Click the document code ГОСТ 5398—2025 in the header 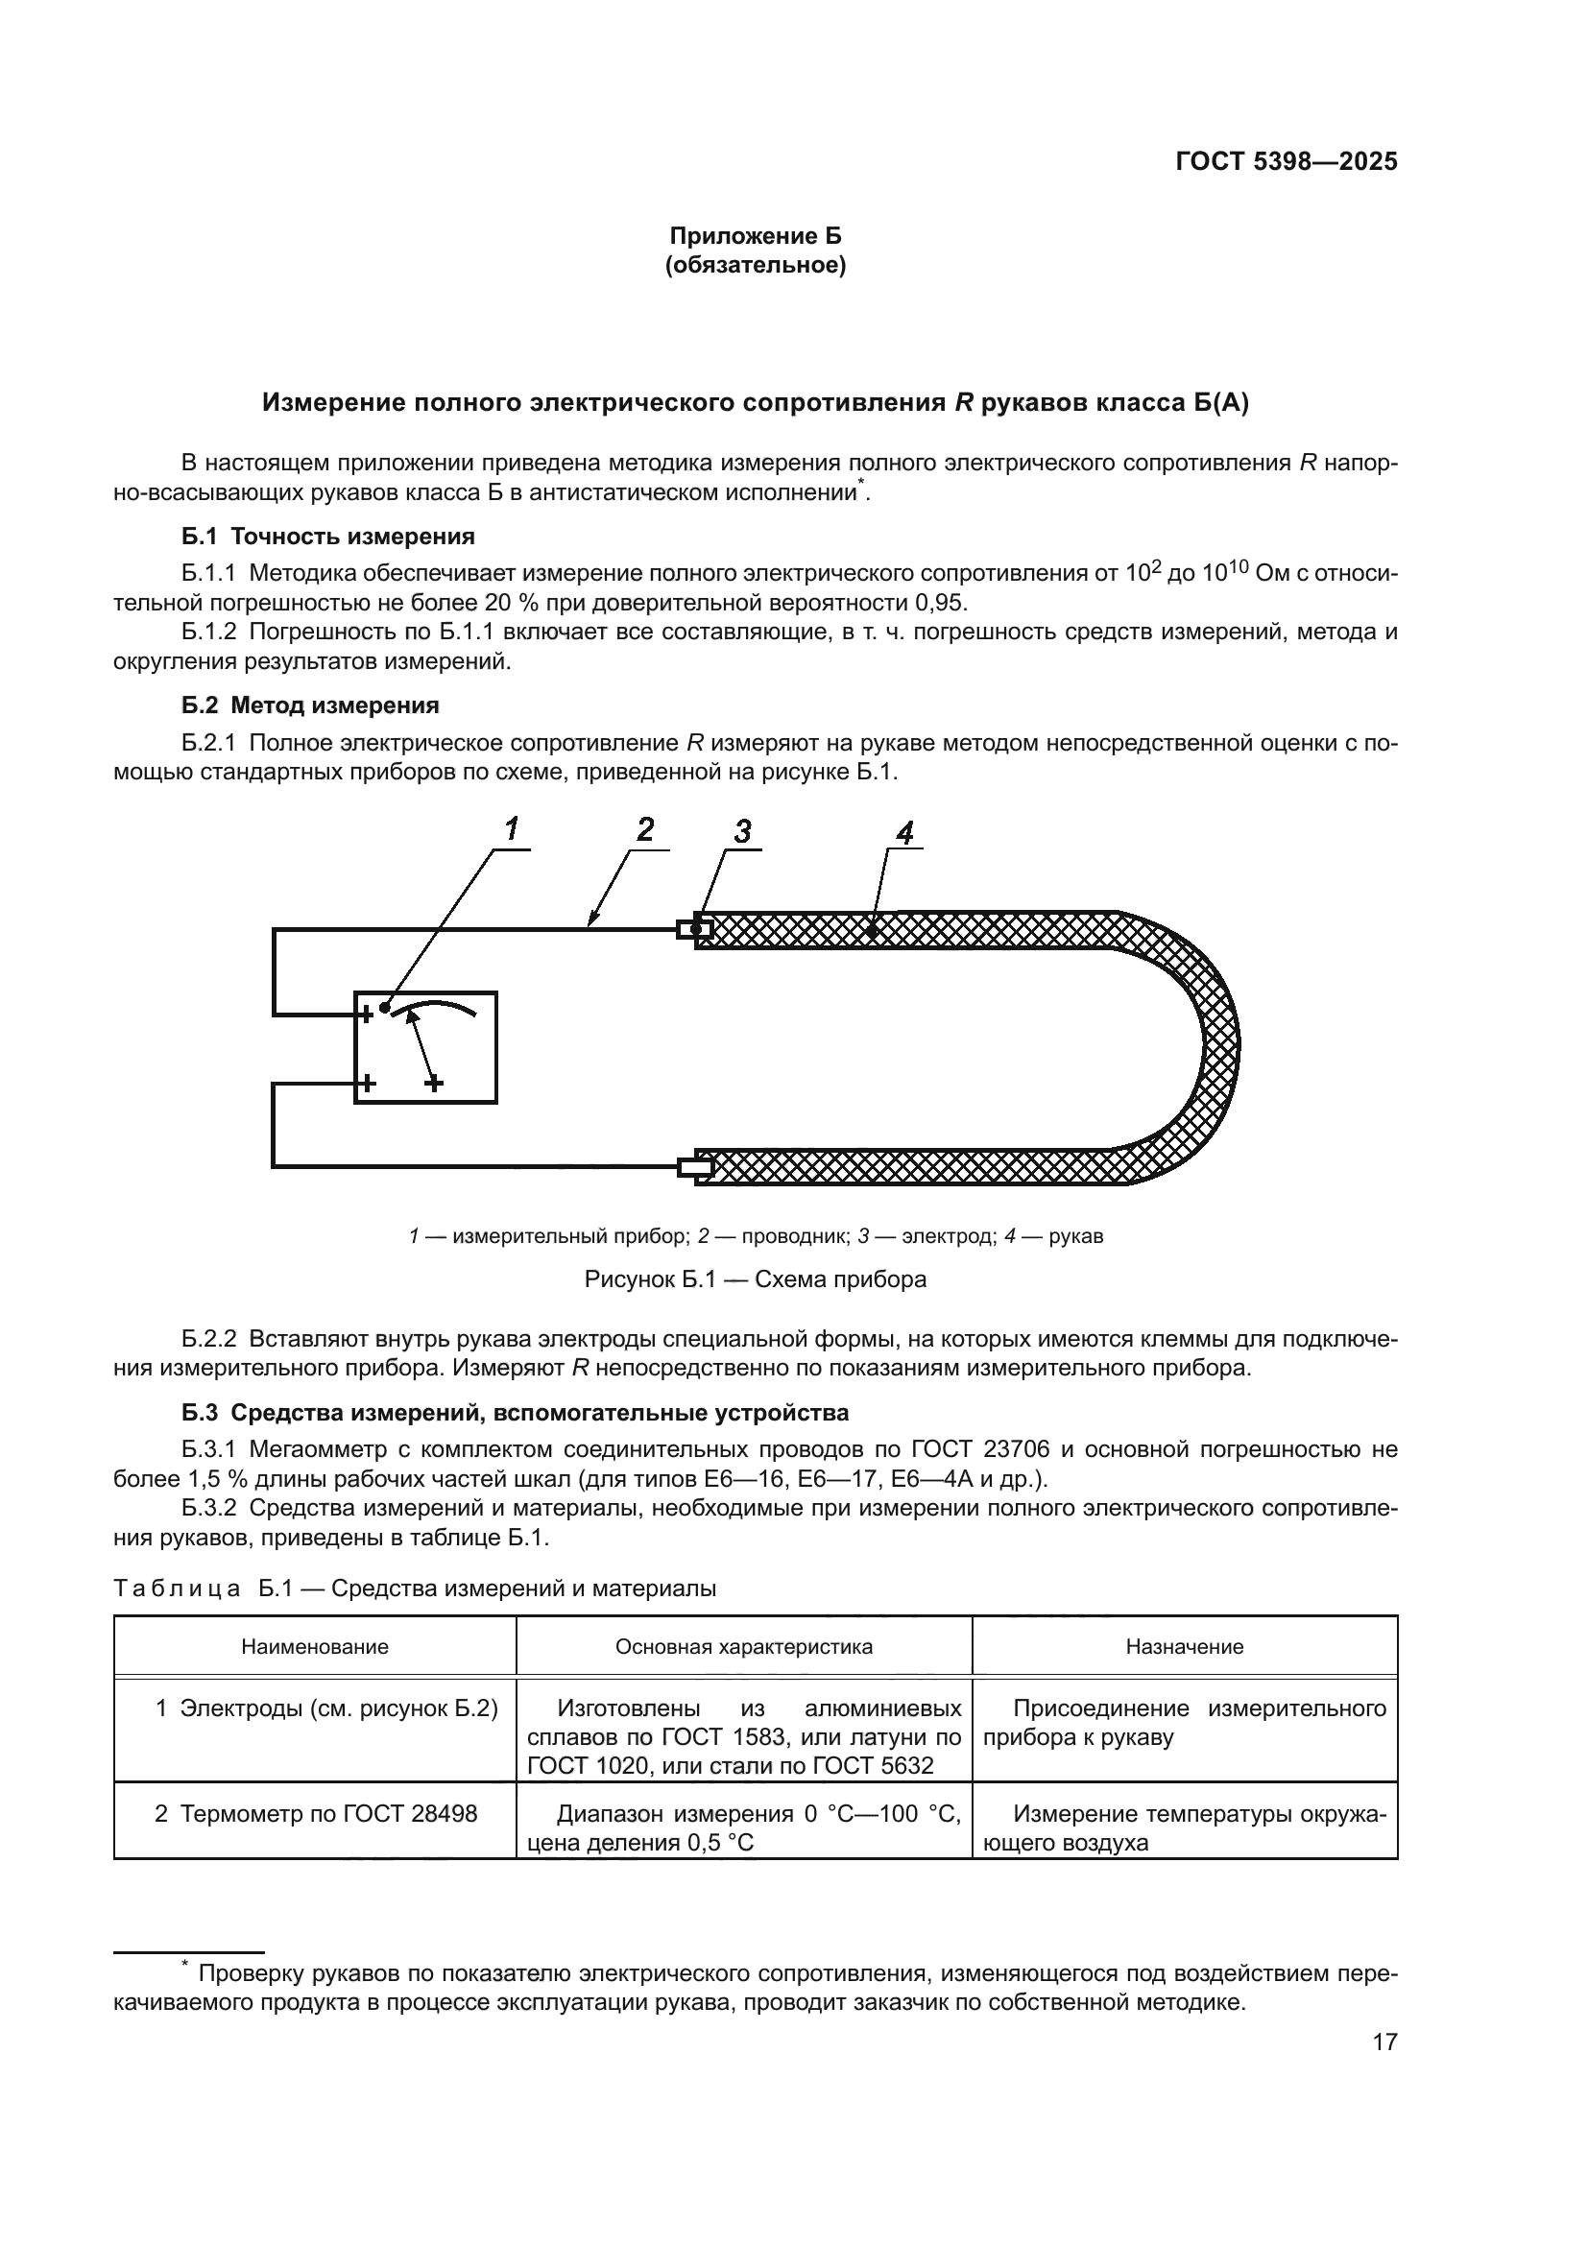[x=1285, y=162]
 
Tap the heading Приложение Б [x=755, y=236]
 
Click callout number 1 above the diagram [x=512, y=829]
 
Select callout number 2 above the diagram [x=645, y=829]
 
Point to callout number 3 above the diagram [x=742, y=831]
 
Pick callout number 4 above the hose [x=904, y=833]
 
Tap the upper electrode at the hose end [x=694, y=928]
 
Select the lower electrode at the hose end [x=694, y=1166]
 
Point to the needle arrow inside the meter [x=421, y=1046]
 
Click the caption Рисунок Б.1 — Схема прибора [x=755, y=1278]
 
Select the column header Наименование [x=315, y=1647]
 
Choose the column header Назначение [x=1183, y=1647]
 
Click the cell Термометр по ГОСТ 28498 [x=316, y=1814]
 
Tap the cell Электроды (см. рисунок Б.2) [x=326, y=1708]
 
